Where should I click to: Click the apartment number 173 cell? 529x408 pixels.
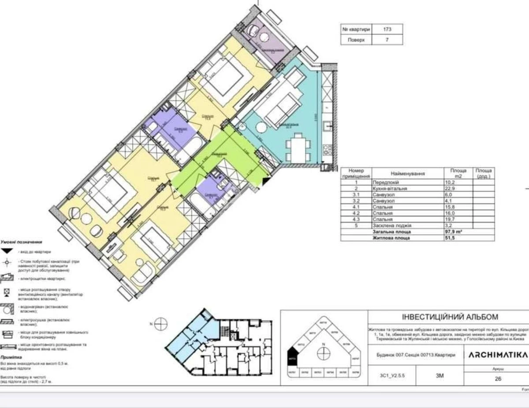pyautogui.click(x=387, y=29)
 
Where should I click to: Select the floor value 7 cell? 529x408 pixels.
pyautogui.click(x=387, y=39)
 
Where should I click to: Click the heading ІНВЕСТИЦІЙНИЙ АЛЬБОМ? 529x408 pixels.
pyautogui.click(x=450, y=317)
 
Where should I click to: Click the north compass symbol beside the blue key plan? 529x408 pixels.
pyautogui.click(x=161, y=324)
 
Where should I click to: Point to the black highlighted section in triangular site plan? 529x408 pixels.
pyautogui.click(x=292, y=356)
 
